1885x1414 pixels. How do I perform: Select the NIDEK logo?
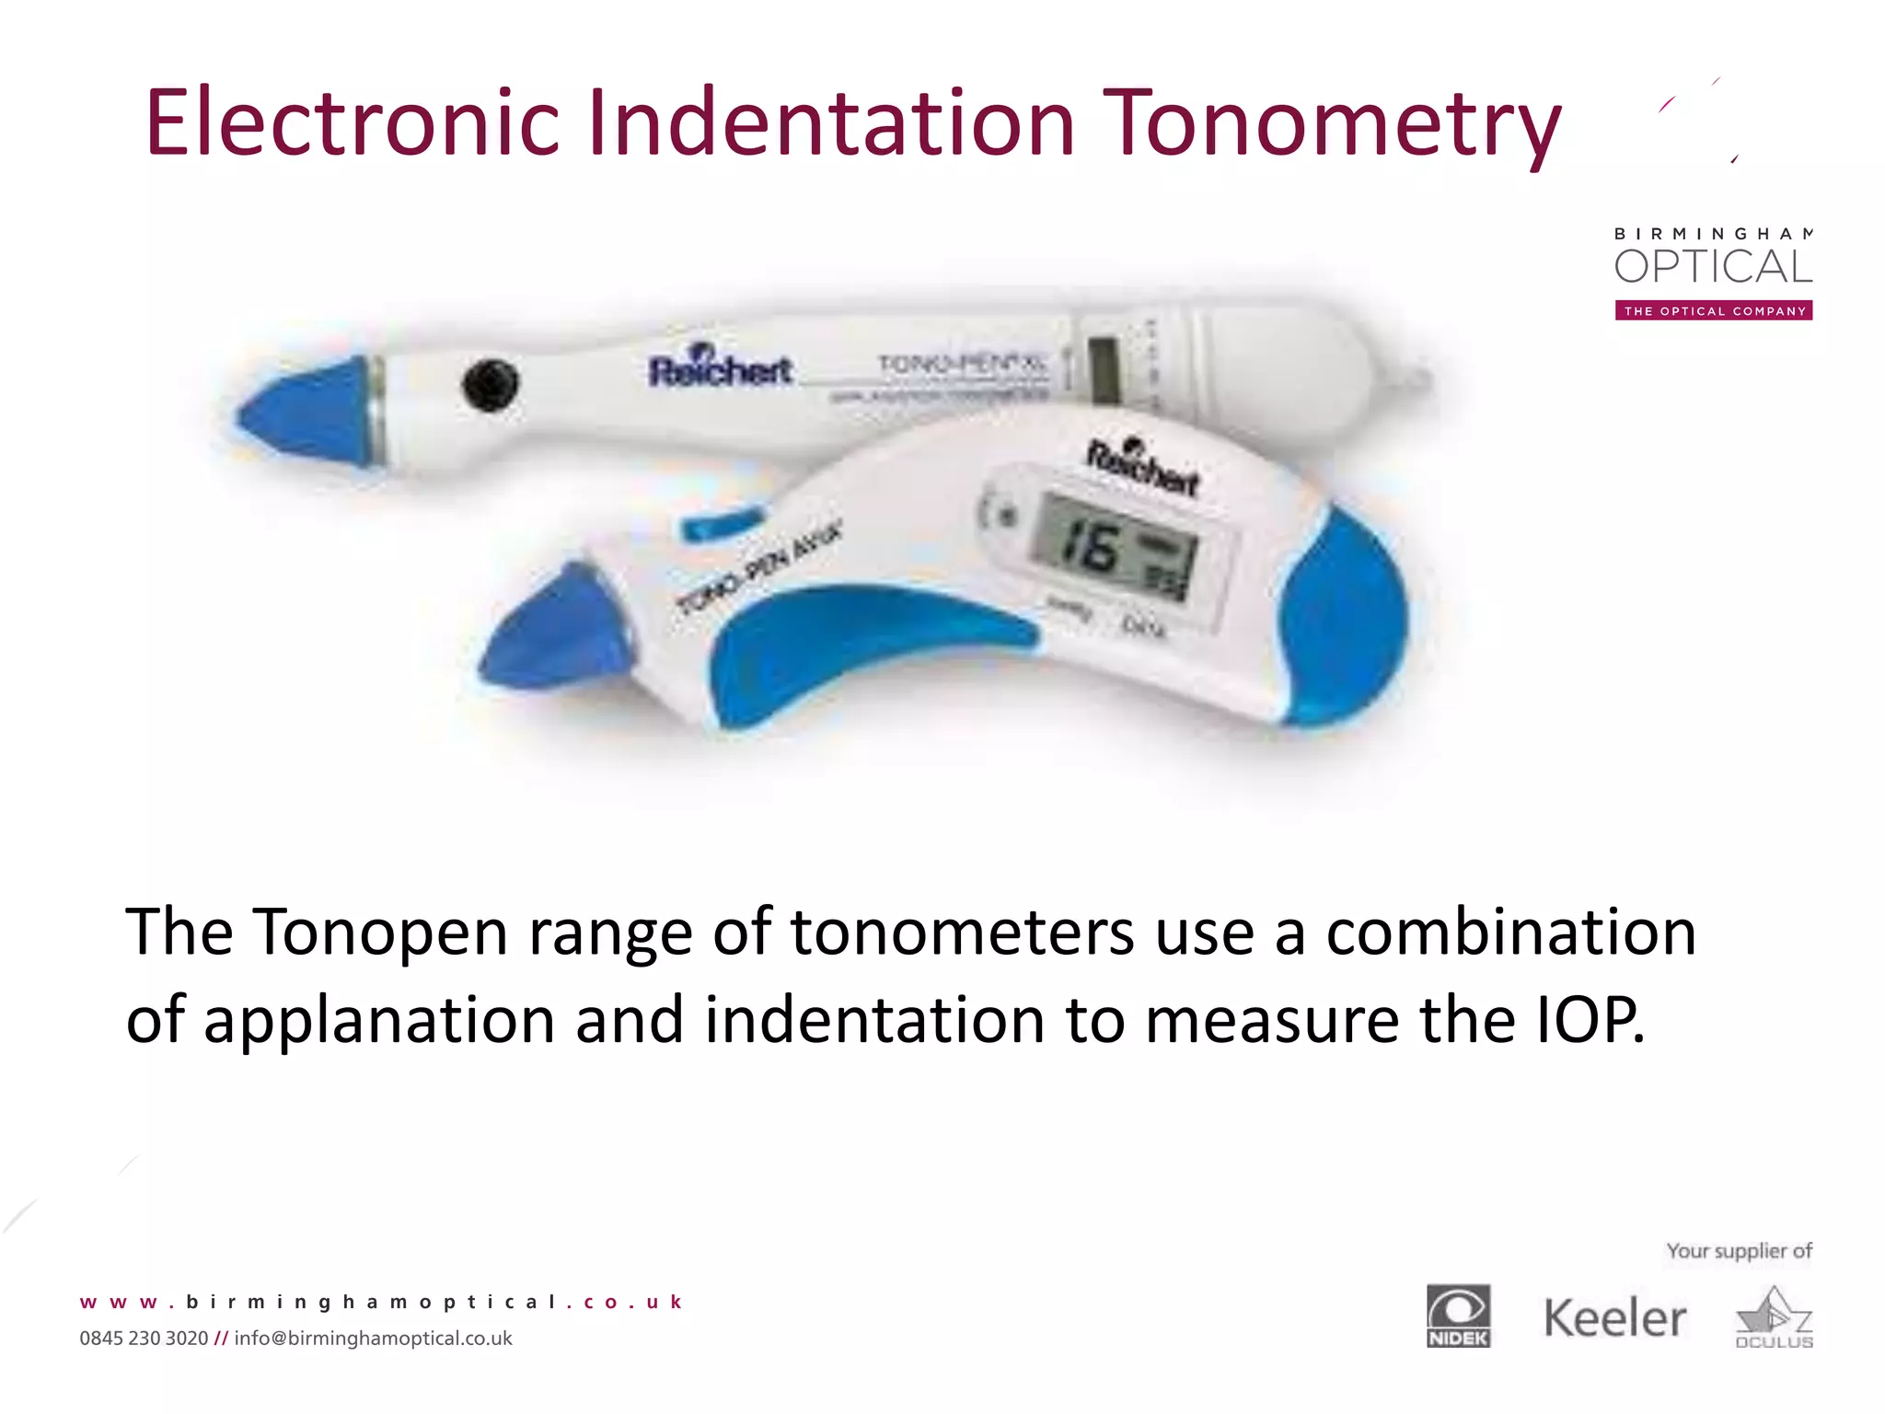tap(1458, 1315)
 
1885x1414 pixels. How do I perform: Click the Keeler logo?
tap(1614, 1318)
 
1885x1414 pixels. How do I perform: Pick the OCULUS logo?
tap(1774, 1318)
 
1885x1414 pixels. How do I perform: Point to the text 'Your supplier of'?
tap(1739, 1251)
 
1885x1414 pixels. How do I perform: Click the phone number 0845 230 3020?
tap(144, 1339)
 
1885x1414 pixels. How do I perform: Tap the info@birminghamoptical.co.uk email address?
tap(373, 1339)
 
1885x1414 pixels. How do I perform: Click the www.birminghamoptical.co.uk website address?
tap(381, 1302)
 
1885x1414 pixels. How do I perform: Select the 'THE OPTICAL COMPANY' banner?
tap(1713, 311)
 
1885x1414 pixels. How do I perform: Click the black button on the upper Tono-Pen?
tap(490, 384)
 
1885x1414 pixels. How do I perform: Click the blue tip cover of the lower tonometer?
tap(552, 626)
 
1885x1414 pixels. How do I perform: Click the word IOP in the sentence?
tap(1590, 1020)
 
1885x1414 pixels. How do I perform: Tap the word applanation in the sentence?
tap(378, 1020)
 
